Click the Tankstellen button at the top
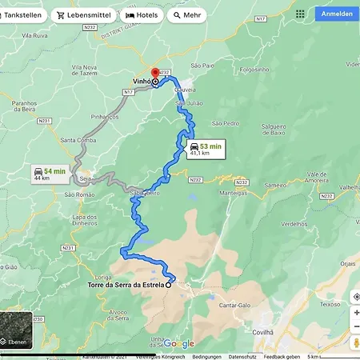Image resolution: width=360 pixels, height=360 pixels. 22,15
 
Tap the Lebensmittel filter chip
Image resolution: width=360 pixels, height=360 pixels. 83,15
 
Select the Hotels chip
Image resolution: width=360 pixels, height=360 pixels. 142,15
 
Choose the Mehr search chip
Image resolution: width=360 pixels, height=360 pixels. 186,15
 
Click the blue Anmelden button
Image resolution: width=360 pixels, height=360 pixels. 337,14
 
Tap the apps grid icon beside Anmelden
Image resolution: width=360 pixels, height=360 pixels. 300,14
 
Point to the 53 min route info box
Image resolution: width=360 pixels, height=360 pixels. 206,149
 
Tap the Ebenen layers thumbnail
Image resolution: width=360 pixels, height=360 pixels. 16,330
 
